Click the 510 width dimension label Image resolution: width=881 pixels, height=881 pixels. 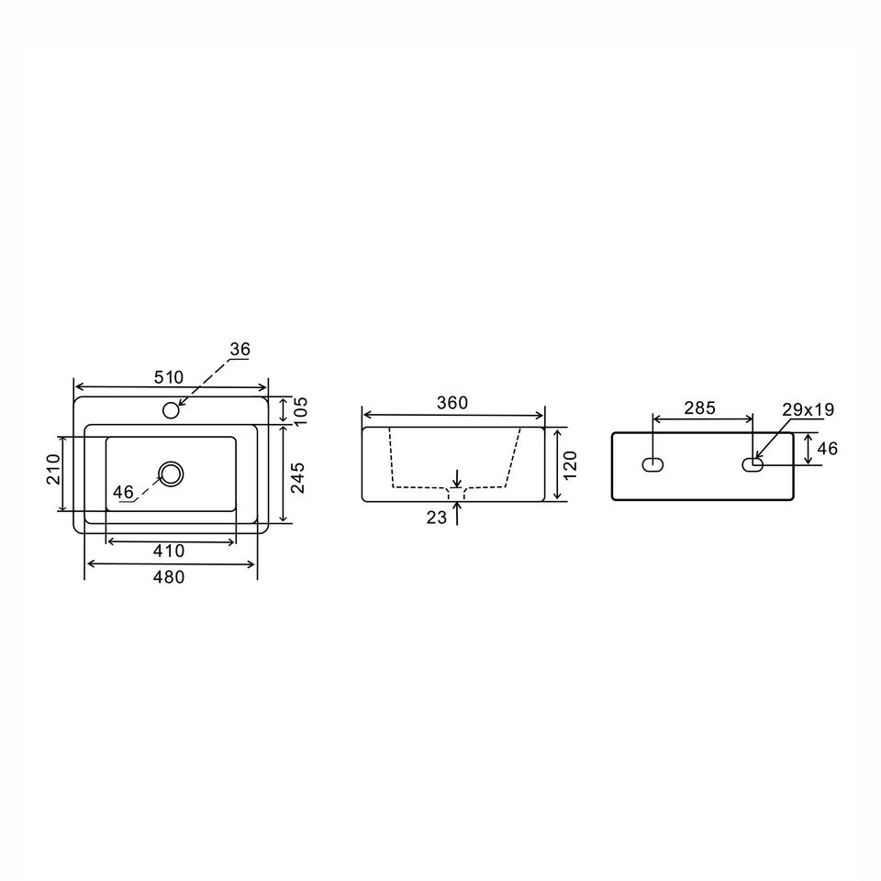click(x=169, y=377)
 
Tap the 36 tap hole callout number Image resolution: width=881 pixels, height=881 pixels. click(x=240, y=350)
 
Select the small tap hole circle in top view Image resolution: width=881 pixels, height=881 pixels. click(x=171, y=410)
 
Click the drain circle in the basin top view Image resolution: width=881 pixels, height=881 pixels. click(x=171, y=474)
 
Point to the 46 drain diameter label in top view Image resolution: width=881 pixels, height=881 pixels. click(x=123, y=492)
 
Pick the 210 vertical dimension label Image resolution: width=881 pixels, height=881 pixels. click(x=52, y=469)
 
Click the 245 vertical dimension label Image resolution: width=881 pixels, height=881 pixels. click(x=297, y=477)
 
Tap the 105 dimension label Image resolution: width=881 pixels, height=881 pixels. click(x=301, y=412)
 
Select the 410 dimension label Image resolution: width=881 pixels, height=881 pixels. click(x=169, y=552)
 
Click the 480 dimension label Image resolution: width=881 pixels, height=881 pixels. click(x=169, y=577)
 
